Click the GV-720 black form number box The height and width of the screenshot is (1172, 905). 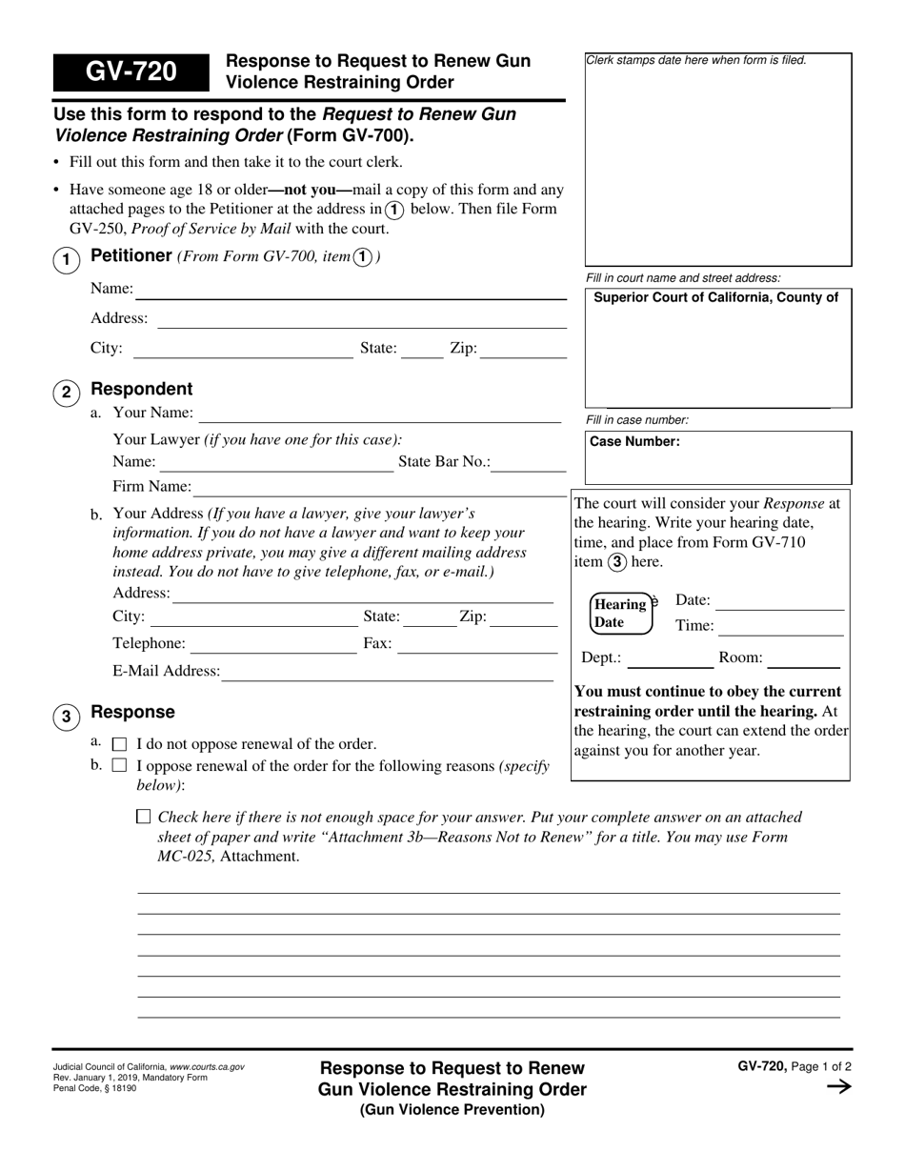pyautogui.click(x=131, y=71)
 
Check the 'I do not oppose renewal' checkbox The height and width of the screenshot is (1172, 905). pyautogui.click(x=119, y=744)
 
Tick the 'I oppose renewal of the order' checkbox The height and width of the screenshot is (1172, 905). pyautogui.click(x=119, y=765)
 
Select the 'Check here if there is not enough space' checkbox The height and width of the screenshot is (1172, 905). pyautogui.click(x=144, y=817)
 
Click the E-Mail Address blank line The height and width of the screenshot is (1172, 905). pyautogui.click(x=386, y=672)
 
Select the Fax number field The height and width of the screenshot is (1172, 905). pyautogui.click(x=476, y=645)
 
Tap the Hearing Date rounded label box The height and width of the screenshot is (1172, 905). pyautogui.click(x=622, y=614)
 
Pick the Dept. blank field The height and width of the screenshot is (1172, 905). pyautogui.click(x=670, y=658)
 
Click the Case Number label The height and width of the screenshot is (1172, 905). pyautogui.click(x=634, y=442)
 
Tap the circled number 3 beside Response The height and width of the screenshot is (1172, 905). pyautogui.click(x=66, y=717)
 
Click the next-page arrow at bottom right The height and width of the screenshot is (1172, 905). pyautogui.click(x=837, y=1087)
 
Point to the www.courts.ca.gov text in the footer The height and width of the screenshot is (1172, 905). pyautogui.click(x=207, y=1067)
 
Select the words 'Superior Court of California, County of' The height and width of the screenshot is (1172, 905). pyautogui.click(x=715, y=297)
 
